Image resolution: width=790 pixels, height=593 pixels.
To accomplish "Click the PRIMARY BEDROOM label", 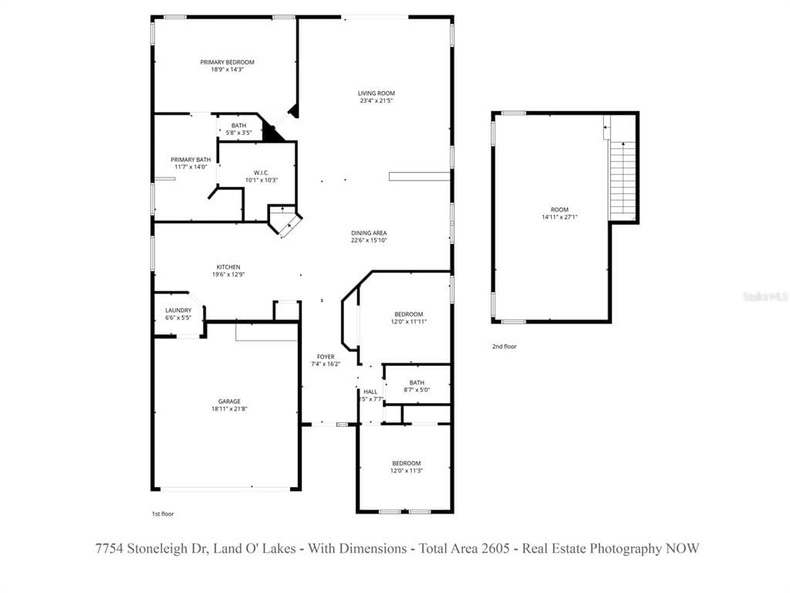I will (227, 63).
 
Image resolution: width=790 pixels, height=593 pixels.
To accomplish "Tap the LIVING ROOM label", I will (376, 93).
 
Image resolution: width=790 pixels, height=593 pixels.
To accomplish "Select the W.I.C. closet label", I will (261, 172).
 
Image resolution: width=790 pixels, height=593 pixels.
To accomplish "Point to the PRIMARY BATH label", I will (191, 160).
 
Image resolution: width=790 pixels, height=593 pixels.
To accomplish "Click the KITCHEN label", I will (228, 267).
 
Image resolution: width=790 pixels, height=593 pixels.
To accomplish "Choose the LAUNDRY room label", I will (178, 310).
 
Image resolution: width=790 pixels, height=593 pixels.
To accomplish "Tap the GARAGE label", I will (229, 402).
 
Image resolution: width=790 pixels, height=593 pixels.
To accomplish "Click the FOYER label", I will (326, 357).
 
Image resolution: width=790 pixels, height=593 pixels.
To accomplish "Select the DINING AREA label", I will (369, 232).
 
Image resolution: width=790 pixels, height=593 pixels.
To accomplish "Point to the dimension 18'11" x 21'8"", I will (229, 409).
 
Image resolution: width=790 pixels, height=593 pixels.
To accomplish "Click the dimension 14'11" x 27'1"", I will (559, 217).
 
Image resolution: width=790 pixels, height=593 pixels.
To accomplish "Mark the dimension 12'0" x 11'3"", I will (406, 470).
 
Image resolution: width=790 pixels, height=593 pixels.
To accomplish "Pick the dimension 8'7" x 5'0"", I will (417, 390).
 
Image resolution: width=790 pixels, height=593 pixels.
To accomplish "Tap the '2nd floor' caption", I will (505, 347).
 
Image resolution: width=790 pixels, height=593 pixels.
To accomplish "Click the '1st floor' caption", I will (162, 513).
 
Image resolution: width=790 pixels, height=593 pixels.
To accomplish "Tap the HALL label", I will (370, 391).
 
